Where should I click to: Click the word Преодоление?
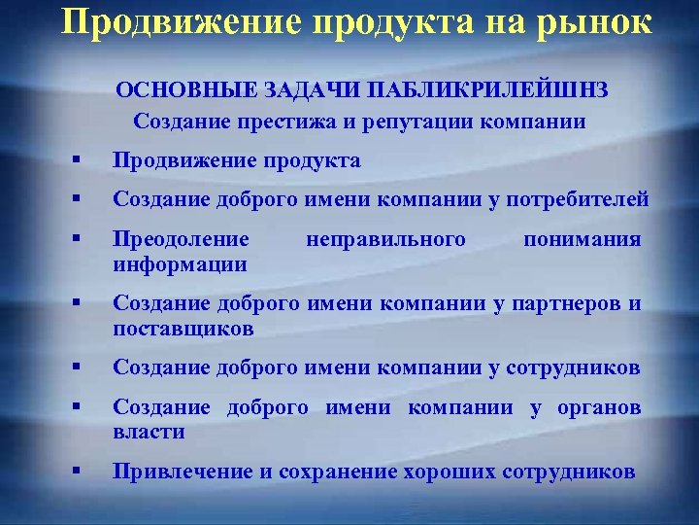click(x=181, y=239)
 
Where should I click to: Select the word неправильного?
click(x=385, y=239)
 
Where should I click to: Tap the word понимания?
click(x=582, y=239)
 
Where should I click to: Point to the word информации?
click(x=180, y=263)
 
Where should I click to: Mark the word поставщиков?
click(x=183, y=328)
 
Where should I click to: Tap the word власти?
click(x=149, y=431)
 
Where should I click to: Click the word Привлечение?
click(x=182, y=472)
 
